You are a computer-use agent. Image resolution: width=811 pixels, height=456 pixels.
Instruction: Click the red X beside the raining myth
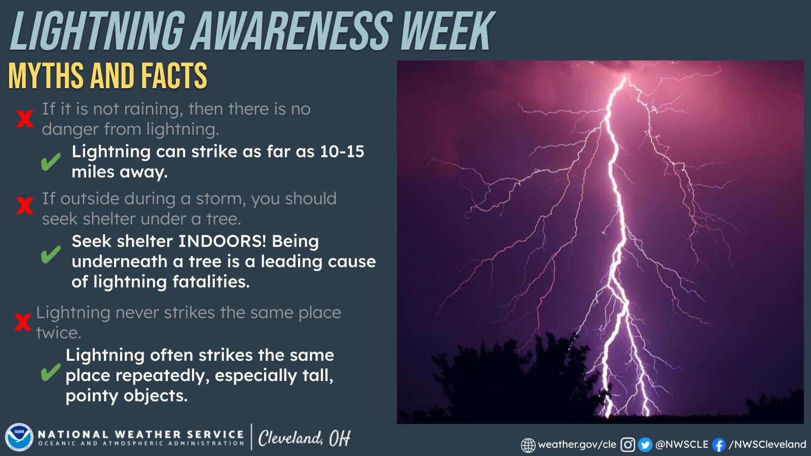tap(25, 119)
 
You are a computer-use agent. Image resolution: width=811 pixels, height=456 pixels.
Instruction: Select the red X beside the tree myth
tap(25, 206)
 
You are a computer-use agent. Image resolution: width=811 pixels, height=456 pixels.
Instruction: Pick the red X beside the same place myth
tap(23, 322)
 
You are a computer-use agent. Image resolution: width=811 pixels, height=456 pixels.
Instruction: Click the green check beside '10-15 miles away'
tap(51, 162)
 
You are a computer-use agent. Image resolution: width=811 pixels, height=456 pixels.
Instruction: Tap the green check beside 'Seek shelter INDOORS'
tap(51, 255)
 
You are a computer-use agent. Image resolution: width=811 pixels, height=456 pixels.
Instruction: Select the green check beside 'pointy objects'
tap(50, 373)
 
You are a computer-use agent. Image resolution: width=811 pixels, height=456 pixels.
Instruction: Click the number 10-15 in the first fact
tap(342, 151)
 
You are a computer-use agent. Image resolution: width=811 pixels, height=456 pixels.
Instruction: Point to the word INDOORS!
tap(222, 241)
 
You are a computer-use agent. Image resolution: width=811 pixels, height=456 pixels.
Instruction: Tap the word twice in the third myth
tap(58, 333)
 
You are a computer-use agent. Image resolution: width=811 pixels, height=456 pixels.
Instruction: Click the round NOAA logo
tap(19, 437)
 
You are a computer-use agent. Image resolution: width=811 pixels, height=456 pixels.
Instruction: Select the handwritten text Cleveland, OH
tap(304, 438)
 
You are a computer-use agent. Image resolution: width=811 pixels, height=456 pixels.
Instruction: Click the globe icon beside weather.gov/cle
tap(528, 445)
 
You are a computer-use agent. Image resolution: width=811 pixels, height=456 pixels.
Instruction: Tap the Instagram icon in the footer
tap(628, 445)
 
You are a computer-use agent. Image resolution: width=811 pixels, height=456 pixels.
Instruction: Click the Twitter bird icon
tap(645, 445)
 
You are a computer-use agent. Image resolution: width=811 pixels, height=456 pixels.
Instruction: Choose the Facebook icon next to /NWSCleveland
tap(718, 445)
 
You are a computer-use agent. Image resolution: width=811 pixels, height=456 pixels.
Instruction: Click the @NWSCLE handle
tap(682, 444)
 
